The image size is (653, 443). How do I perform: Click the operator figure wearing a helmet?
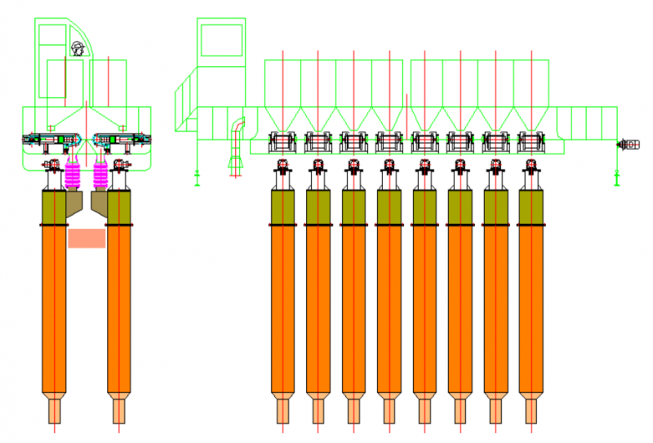(x=78, y=48)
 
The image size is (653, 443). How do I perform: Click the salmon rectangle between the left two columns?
(x=87, y=238)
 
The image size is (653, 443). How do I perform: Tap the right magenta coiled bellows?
(x=101, y=174)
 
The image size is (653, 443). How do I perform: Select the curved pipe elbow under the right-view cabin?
(x=237, y=131)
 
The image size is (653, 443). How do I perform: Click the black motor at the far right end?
(x=629, y=145)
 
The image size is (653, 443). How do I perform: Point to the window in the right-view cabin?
(x=221, y=40)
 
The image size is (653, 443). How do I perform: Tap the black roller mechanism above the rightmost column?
(x=531, y=141)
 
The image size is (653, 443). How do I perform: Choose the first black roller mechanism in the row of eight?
(x=282, y=141)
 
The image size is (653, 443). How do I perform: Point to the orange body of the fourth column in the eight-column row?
(x=389, y=311)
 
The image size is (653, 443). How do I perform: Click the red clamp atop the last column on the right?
(x=531, y=168)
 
